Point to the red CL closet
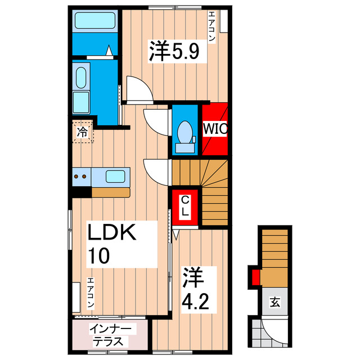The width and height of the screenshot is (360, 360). [184, 208]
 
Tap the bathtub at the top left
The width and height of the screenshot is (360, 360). [94, 22]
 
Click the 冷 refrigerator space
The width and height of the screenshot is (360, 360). [83, 133]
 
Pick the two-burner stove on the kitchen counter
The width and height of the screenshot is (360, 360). [80, 177]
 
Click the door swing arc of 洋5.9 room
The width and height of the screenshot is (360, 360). [137, 89]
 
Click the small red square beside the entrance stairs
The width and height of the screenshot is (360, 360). [255, 277]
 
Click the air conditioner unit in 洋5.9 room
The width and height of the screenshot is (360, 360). [224, 21]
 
